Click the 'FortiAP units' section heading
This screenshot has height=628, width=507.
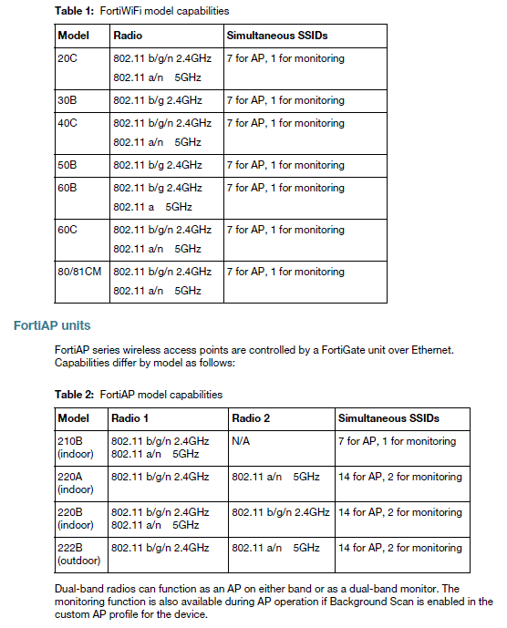pyautogui.click(x=51, y=324)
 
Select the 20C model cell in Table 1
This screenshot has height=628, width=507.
pyautogui.click(x=67, y=58)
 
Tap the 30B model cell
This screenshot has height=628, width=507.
pyautogui.click(x=67, y=100)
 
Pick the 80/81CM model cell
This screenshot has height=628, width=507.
pyautogui.click(x=79, y=272)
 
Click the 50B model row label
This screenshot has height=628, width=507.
pyautogui.click(x=67, y=165)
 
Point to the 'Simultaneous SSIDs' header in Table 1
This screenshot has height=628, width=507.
pyautogui.click(x=276, y=36)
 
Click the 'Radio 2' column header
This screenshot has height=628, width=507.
pyautogui.click(x=253, y=418)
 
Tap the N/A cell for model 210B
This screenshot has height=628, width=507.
pyautogui.click(x=241, y=441)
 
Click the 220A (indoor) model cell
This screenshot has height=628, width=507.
pyautogui.click(x=75, y=482)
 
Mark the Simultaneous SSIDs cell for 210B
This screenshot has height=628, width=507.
pyautogui.click(x=397, y=441)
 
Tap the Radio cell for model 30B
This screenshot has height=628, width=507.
pyautogui.click(x=157, y=100)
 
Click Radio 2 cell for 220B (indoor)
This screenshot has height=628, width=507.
pyautogui.click(x=281, y=512)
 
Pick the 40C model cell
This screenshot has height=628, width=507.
pyautogui.click(x=67, y=123)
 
